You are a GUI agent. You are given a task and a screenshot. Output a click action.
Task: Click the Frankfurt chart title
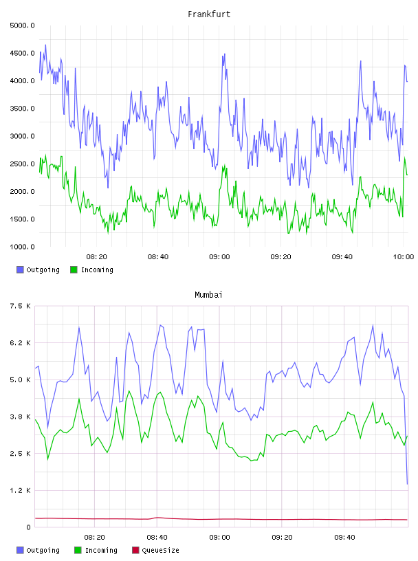tap(209, 14)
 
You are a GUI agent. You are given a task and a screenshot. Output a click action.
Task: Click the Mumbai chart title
tap(208, 294)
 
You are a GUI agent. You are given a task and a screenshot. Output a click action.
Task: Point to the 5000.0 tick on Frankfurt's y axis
tap(22, 25)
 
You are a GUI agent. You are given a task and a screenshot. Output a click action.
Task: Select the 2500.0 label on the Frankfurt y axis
tap(22, 164)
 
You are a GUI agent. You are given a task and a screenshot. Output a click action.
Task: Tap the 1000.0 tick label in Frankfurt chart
tap(22, 247)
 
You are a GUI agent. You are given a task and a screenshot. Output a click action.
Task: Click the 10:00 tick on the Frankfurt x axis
tap(404, 256)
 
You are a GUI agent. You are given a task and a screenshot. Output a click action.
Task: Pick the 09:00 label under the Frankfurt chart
tap(219, 256)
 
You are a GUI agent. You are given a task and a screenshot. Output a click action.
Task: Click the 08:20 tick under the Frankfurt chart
tap(97, 256)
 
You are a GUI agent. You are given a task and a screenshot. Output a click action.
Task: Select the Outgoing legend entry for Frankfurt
tap(38, 269)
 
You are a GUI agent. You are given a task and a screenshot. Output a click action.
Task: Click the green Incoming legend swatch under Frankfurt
tap(74, 269)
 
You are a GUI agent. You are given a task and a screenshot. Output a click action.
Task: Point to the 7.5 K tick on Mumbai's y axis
tap(21, 306)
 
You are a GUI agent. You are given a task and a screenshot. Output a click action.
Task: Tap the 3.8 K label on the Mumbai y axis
tap(21, 417)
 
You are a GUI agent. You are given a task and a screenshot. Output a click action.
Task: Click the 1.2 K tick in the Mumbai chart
tap(21, 490)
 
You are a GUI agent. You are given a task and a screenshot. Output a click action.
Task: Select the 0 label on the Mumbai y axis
tap(28, 527)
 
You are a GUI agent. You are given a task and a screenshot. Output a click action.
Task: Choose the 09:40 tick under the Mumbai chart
tap(344, 537)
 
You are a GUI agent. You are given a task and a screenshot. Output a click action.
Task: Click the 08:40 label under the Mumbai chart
tap(157, 537)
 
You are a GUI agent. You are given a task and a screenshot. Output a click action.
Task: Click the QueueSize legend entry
tap(155, 550)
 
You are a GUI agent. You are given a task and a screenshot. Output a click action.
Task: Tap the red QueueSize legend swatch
tap(135, 550)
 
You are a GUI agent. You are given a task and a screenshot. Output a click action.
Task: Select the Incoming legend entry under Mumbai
tap(96, 550)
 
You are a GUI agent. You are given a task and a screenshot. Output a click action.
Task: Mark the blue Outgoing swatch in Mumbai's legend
tap(20, 550)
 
